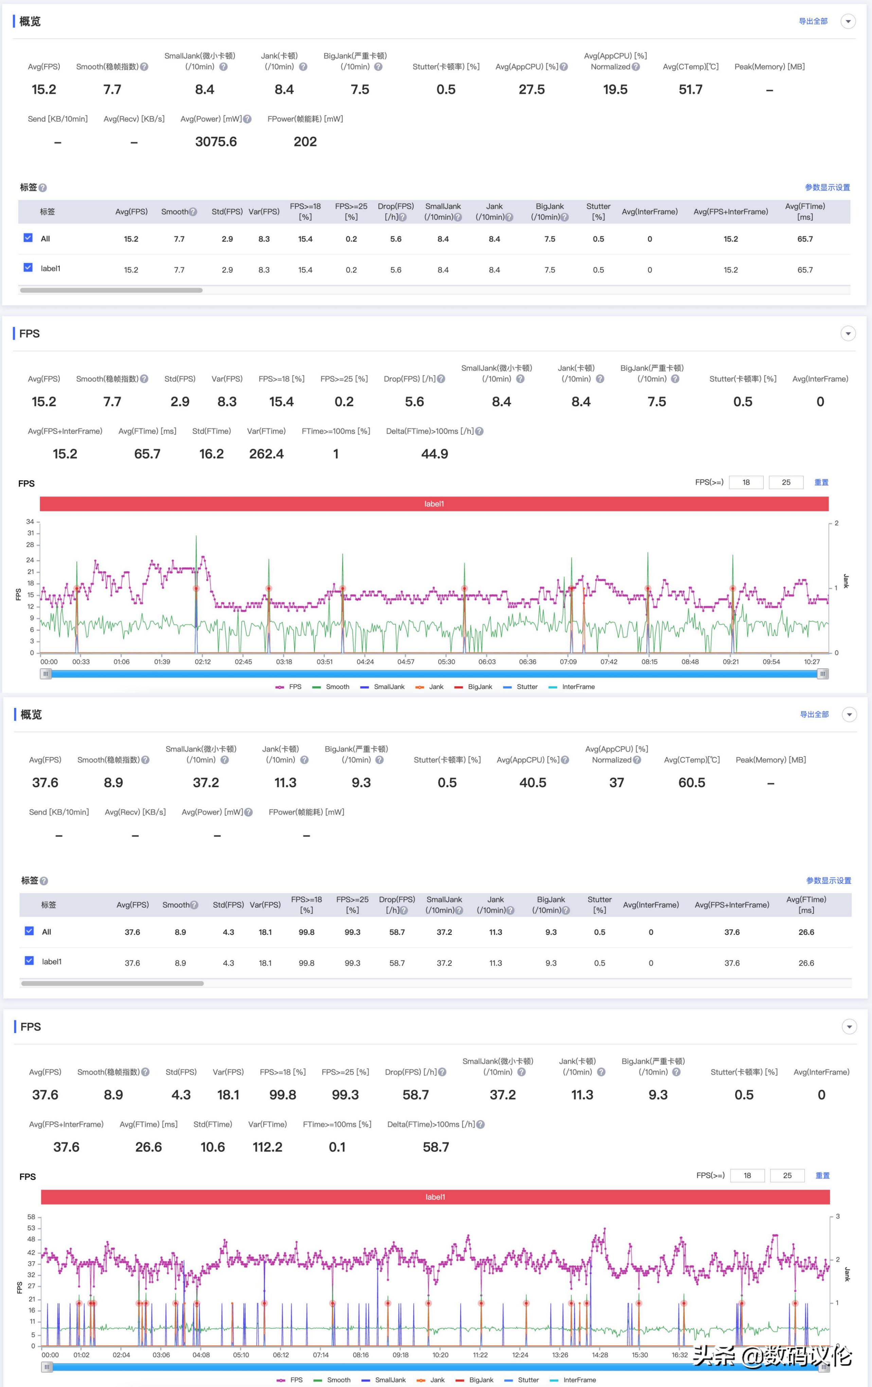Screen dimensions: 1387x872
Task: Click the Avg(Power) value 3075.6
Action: tap(216, 142)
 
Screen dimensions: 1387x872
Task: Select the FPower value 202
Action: tap(305, 142)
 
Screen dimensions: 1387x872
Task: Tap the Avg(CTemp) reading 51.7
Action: tap(691, 89)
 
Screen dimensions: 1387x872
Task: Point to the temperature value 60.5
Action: tap(692, 782)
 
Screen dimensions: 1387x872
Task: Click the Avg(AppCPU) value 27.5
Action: tap(532, 89)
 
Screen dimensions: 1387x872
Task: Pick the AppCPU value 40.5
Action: tap(533, 782)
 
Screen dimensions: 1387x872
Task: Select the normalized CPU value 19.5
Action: tap(615, 89)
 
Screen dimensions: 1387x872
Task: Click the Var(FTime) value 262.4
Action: tap(266, 454)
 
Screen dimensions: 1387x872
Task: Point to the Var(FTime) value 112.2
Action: tap(267, 1147)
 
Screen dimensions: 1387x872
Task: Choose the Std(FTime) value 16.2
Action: tap(211, 454)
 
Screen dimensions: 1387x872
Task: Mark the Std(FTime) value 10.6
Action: tap(213, 1147)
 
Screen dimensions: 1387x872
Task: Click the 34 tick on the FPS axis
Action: tap(30, 521)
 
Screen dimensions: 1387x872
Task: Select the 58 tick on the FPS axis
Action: tap(31, 1216)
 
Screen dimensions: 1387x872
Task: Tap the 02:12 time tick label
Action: tap(203, 662)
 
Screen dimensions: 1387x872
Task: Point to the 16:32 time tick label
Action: tap(680, 1355)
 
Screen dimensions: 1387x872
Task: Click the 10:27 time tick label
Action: tap(812, 662)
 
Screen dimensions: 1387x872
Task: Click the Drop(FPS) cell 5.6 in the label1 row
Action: tap(396, 270)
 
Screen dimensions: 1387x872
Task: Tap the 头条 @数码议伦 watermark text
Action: tap(772, 1356)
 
